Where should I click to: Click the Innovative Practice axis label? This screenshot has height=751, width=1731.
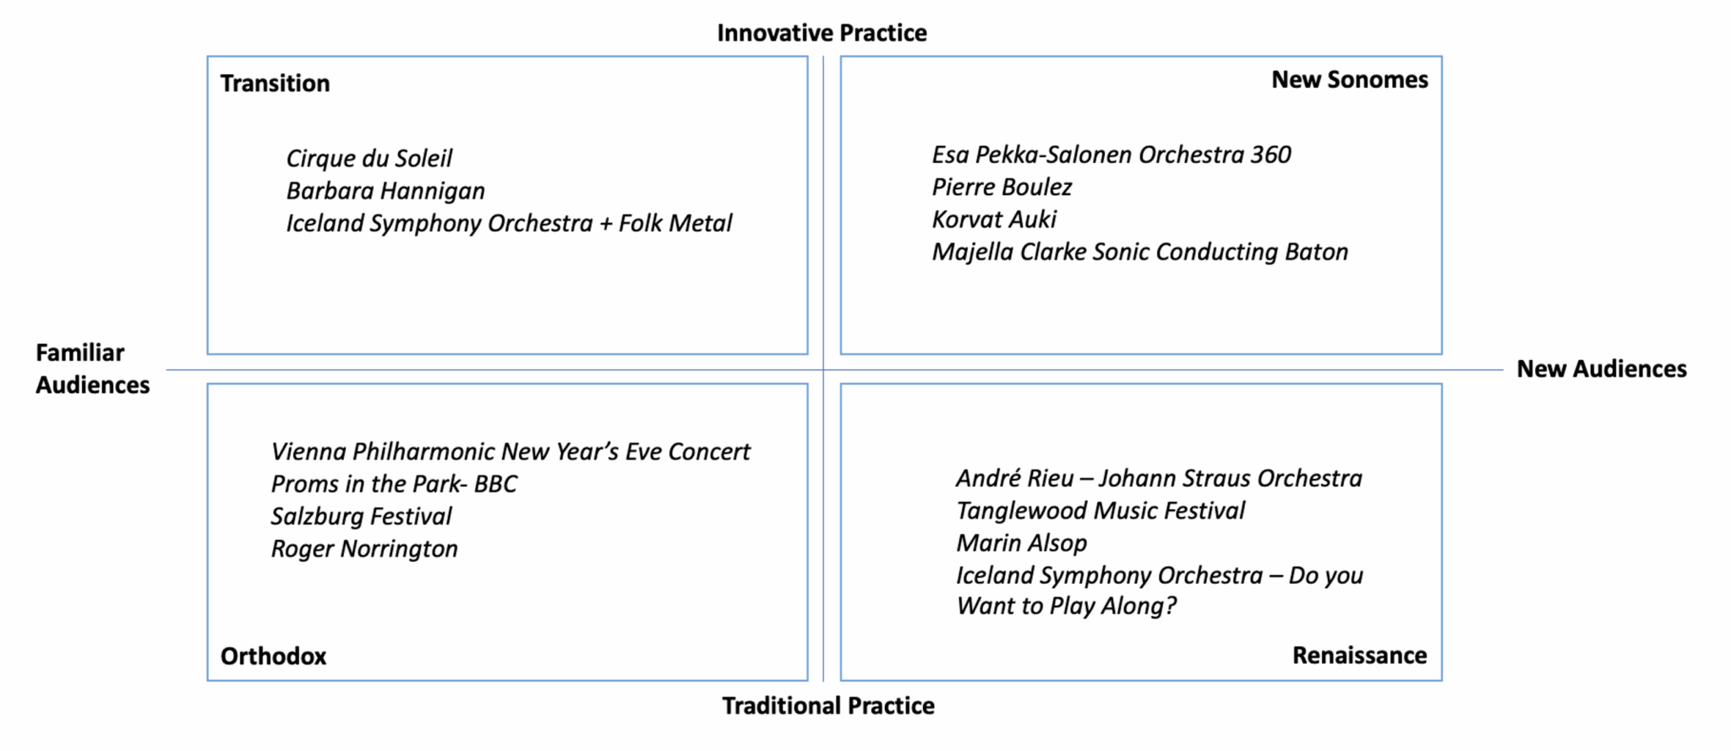coord(822,33)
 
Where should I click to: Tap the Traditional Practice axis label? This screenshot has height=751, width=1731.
coord(828,706)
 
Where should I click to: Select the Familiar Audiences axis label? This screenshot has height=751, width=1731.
coord(92,368)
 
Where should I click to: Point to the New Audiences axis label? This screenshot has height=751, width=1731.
coord(1602,369)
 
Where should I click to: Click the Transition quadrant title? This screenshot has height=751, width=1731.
coord(276,84)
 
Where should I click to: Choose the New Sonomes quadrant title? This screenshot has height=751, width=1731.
coord(1350,79)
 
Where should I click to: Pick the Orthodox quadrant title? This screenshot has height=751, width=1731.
coord(273,656)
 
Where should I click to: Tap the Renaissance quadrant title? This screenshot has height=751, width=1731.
coord(1359,656)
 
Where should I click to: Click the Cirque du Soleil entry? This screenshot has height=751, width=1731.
coord(369,159)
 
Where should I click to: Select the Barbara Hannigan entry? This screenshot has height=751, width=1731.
coord(385,191)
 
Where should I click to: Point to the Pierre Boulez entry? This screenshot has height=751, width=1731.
coord(1002,187)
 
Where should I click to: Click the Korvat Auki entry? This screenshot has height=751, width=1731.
coord(994,220)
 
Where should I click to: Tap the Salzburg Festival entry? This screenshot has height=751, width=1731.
coord(361,516)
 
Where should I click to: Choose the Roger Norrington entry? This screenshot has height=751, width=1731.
coord(364,549)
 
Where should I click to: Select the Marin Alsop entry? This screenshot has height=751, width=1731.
coord(1022,543)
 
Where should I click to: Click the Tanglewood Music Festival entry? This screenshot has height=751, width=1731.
coord(1100,511)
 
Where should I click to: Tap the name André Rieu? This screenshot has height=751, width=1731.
coord(1015,479)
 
